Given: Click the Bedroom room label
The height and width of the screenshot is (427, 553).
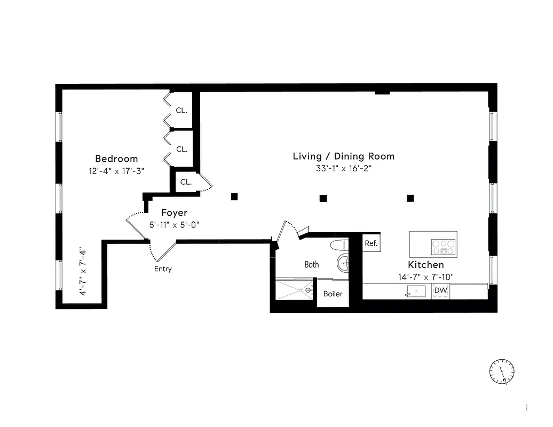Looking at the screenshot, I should click(x=116, y=159).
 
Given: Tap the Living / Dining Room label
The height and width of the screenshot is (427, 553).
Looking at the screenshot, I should click(x=343, y=156).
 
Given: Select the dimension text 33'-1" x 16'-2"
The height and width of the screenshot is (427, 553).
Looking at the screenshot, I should click(x=343, y=169).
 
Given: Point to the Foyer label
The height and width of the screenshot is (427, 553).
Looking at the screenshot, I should click(x=175, y=213).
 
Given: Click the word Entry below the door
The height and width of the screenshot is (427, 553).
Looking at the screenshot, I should click(x=163, y=269).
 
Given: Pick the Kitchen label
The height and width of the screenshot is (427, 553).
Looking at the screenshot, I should click(x=425, y=265).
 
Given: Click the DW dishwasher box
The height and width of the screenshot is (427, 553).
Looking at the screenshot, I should click(x=440, y=290).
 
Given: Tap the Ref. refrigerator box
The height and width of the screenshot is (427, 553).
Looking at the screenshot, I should click(x=371, y=243).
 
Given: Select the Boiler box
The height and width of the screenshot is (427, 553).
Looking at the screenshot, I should click(x=333, y=294).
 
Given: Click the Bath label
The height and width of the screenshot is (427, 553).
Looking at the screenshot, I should click(x=312, y=264).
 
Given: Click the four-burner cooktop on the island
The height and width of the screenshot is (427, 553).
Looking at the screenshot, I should click(x=444, y=247).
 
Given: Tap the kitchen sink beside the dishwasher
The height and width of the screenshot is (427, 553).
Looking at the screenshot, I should click(x=415, y=291).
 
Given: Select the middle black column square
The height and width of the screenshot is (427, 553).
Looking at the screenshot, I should click(x=323, y=198).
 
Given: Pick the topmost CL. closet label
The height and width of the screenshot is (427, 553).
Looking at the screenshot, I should click(x=181, y=110).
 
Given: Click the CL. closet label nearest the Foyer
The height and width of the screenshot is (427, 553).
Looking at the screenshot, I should click(x=186, y=182).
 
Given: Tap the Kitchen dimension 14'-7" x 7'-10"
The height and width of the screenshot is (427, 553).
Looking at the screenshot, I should click(x=425, y=277).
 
